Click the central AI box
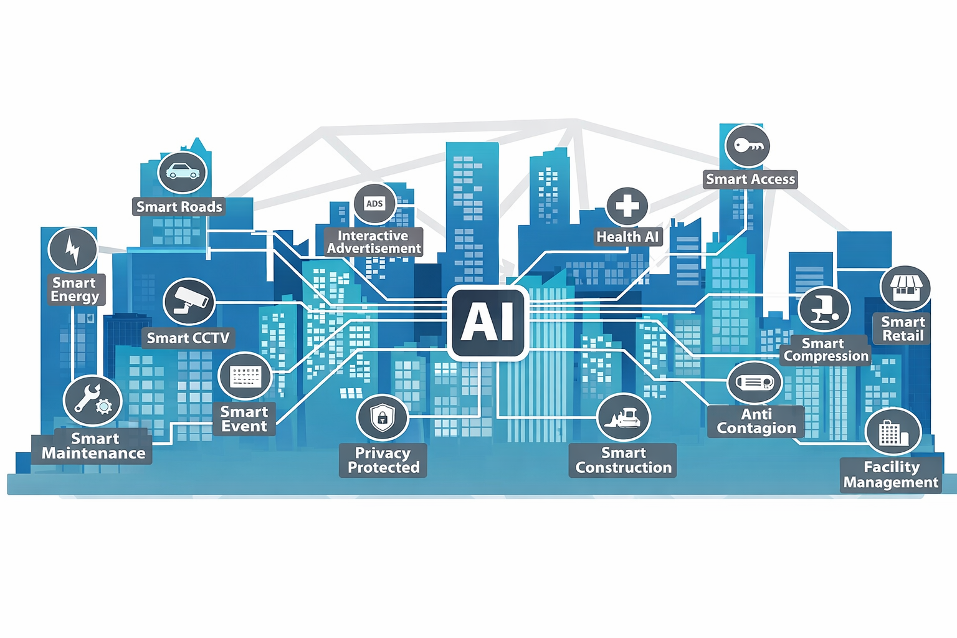coord(488,323)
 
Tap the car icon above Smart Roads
coord(183,173)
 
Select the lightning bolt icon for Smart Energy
coord(73,249)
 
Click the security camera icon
coord(189,302)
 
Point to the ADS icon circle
coord(374,204)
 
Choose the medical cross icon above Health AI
coord(627,206)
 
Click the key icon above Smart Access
coord(748,146)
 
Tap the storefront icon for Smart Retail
coord(905,288)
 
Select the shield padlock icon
coord(383,417)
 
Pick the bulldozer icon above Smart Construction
coord(623,417)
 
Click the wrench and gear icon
coord(92,401)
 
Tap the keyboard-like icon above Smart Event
coord(245,376)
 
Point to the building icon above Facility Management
coord(893,432)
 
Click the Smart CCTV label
coord(188,338)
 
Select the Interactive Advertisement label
coord(374,242)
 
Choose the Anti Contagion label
coord(756,421)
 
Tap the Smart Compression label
coord(826,350)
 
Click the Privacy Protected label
coord(383,460)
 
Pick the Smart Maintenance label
coord(93,446)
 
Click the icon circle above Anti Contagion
coord(755,383)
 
